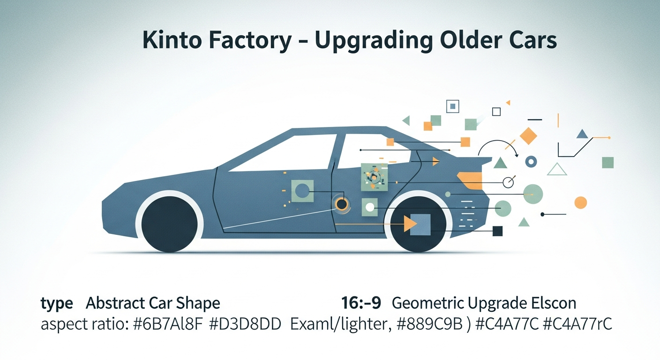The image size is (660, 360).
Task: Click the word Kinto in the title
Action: point(171,39)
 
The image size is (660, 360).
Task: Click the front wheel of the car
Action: point(169,225)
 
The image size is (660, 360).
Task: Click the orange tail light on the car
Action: point(470,180)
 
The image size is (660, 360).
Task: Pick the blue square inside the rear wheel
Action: point(420,225)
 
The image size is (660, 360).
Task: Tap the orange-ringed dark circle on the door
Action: point(342,204)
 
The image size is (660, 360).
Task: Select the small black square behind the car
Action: point(498,231)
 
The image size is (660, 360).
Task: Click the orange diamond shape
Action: point(528,136)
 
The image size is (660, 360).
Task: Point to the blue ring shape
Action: point(531,162)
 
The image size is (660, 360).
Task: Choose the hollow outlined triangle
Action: point(557,169)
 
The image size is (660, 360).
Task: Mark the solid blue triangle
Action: point(582,134)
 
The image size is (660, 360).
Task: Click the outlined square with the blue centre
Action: point(452,106)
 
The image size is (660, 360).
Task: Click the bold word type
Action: point(57,303)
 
